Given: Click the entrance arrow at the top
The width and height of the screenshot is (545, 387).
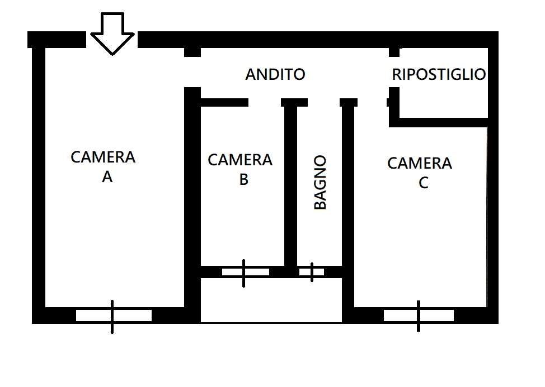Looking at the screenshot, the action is coord(112,34).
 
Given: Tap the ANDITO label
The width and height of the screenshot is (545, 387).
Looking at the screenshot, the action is coord(275,75).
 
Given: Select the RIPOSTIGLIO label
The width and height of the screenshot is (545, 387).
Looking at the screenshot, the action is coord(439,75).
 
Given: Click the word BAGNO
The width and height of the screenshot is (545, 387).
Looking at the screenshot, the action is coord(320,182).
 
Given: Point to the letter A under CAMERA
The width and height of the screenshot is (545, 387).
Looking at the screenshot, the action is coord(107,177).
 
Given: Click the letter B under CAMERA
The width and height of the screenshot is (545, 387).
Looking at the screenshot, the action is coord(243,179).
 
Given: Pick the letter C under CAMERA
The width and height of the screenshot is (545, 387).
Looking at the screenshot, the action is coord(424,183).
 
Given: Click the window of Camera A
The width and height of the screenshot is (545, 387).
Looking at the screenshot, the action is coord(114,316).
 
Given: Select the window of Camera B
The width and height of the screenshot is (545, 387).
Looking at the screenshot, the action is coord(246,272).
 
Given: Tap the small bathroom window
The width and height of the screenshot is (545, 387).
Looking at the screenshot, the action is coord(312,272).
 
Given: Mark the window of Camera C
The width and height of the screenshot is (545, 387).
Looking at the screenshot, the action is coord(419,316).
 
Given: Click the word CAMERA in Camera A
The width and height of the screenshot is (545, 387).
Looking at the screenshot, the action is coord(103,157).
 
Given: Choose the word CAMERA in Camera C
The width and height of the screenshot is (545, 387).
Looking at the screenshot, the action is coord(420,163).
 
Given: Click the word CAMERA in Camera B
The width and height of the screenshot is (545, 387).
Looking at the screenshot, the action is coord(240,160).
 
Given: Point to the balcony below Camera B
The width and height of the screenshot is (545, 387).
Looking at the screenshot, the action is coord(271,300).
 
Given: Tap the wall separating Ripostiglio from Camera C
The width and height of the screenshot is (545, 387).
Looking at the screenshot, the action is coord(439,122).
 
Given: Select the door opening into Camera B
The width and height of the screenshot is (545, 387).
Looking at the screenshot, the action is coord(265,102).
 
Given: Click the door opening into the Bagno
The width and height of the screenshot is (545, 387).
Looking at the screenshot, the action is coord(323,102).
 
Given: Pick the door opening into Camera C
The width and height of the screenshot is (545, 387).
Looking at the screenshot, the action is coord(372,102).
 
